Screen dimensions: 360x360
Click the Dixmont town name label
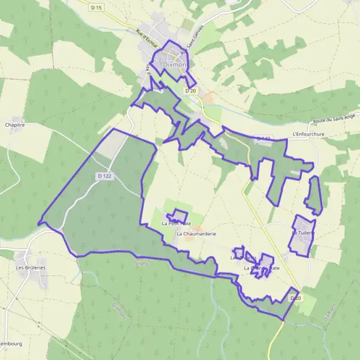(176, 65)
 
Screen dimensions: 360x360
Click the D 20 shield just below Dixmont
(191, 91)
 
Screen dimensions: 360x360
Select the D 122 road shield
(104, 176)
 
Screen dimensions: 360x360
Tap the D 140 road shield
(263, 139)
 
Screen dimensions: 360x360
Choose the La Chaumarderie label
(196, 233)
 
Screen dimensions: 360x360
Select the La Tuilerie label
(303, 232)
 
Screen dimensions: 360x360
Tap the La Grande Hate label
(262, 268)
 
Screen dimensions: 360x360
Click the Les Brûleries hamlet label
(31, 268)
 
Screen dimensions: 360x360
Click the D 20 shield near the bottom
(294, 298)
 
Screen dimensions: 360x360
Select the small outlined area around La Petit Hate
(178, 215)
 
